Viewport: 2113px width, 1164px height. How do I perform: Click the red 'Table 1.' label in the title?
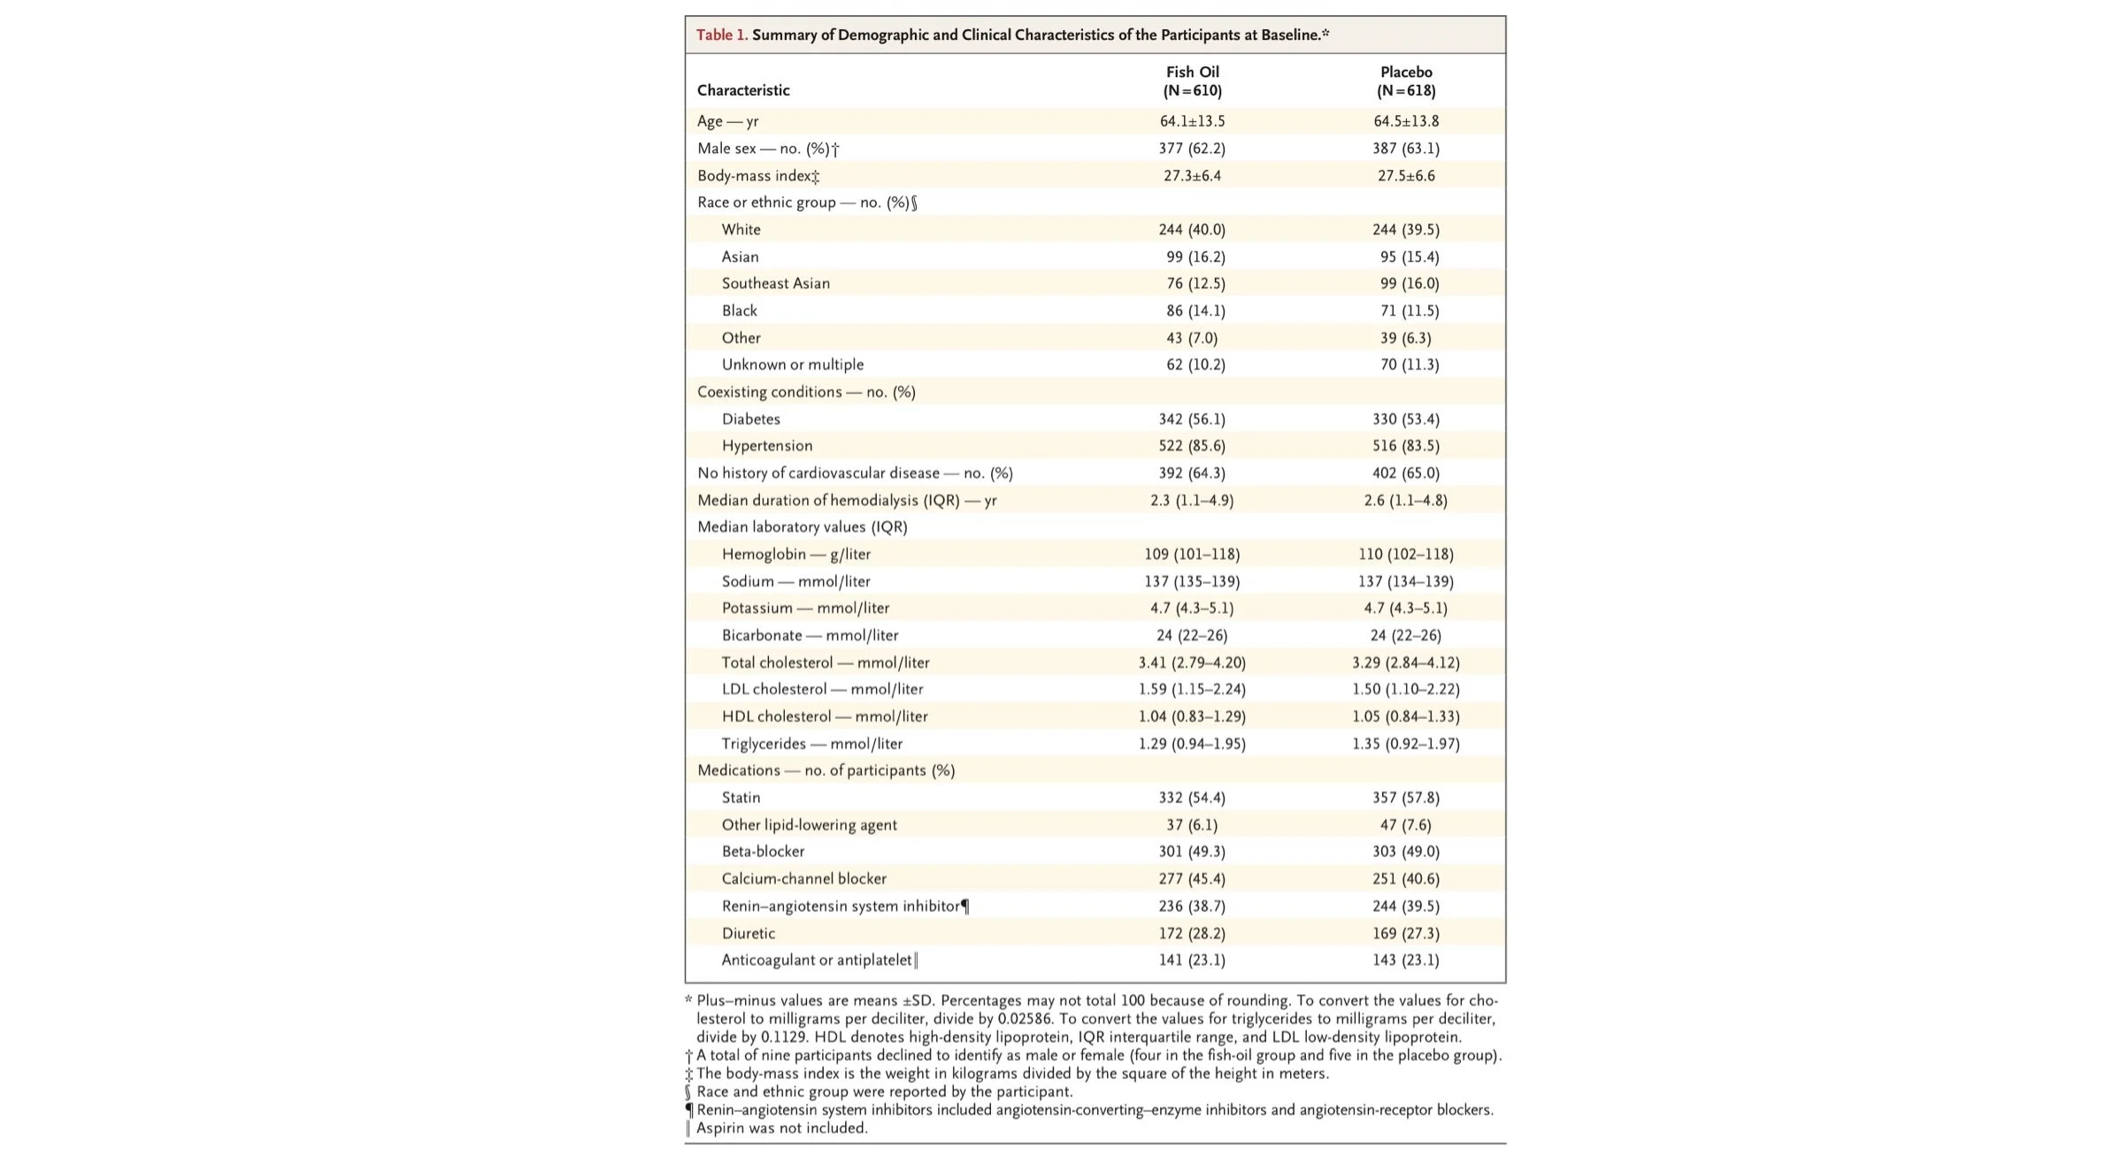tap(721, 35)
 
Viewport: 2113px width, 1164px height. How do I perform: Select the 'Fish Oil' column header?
tap(1192, 72)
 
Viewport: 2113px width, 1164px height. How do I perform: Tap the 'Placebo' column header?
tap(1405, 72)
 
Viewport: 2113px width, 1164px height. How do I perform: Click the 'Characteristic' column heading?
tap(743, 90)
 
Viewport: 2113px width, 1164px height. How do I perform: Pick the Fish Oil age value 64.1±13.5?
tap(1192, 121)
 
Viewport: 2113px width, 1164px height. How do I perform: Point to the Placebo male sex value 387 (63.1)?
tap(1405, 149)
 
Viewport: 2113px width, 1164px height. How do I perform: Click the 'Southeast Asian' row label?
tap(775, 283)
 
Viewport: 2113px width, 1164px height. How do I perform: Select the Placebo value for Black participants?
tap(1405, 310)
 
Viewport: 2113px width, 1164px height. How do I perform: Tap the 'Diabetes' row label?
tap(750, 419)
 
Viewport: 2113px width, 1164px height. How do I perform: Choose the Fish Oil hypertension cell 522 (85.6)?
tap(1192, 446)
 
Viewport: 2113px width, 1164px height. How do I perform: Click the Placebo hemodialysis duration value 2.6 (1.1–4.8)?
tap(1405, 501)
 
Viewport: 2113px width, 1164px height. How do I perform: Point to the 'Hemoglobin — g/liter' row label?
tap(795, 555)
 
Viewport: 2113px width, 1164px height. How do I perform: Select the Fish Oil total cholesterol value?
tap(1192, 662)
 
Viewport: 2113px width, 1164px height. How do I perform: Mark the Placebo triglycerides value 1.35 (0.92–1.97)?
tap(1405, 744)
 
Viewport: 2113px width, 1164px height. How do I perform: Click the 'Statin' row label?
tap(741, 798)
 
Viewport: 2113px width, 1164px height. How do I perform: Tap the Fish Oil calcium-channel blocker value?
tap(1192, 879)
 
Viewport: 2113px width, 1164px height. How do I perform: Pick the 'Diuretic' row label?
tap(748, 933)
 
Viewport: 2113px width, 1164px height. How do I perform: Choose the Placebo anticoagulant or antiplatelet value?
tap(1405, 960)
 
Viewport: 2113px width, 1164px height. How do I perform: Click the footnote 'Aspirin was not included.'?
tap(781, 1128)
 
